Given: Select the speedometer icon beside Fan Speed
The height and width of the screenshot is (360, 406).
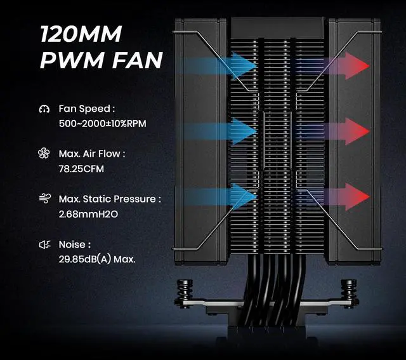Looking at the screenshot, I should (x=44, y=109).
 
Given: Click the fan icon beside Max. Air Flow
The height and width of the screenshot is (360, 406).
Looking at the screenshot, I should (x=44, y=154).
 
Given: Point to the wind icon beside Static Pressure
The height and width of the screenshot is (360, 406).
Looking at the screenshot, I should (x=44, y=199).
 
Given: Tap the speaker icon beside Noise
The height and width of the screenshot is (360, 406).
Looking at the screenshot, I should (x=44, y=244).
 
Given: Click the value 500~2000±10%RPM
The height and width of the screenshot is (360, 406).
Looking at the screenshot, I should (x=102, y=123).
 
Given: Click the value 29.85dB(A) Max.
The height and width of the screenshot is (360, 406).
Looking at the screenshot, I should (x=96, y=259).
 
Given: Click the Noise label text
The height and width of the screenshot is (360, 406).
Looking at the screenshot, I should (x=75, y=244).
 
